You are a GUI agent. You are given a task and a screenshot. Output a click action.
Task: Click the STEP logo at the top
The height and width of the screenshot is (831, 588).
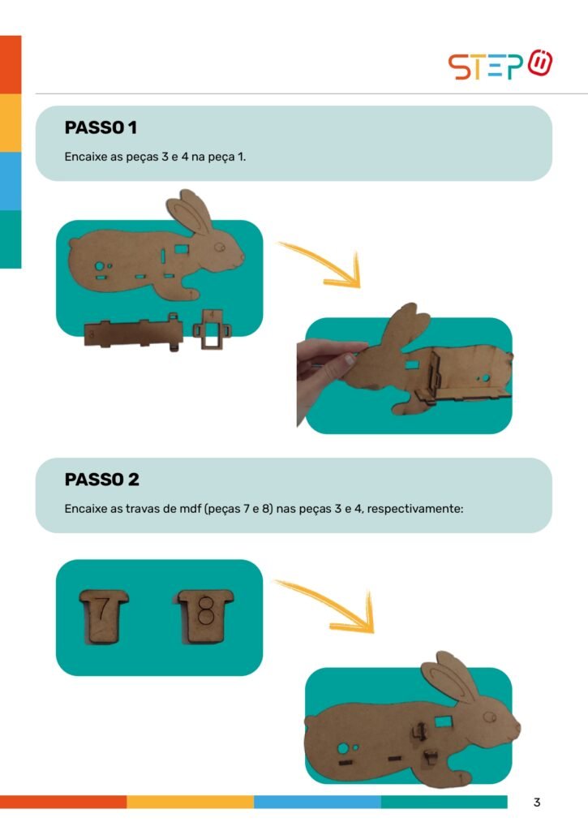500,65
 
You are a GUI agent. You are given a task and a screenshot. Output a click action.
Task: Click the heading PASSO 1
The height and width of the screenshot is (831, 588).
101,127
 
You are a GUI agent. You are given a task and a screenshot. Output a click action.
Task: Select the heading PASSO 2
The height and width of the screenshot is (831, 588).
101,480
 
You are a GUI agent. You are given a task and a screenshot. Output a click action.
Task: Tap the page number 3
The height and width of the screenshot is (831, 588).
537,802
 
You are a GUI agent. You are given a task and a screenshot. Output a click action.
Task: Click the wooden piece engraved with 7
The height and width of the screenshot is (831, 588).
104,617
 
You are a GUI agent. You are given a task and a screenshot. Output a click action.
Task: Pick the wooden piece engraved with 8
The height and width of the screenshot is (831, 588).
204,617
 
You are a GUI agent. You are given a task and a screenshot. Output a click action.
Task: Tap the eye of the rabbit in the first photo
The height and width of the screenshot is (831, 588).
219,247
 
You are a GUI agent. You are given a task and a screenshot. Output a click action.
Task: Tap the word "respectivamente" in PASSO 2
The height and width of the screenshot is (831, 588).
414,509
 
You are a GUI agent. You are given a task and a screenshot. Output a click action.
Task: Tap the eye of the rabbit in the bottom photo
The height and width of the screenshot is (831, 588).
490,717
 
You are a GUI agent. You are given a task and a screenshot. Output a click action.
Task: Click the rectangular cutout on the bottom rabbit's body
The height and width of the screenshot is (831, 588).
443,721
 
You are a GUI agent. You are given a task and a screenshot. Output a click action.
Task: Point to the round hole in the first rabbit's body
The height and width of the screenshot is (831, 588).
99,266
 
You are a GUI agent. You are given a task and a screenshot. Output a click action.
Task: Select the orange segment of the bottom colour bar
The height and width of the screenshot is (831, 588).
63,801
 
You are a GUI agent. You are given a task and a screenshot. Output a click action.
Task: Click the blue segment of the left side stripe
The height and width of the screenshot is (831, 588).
11,181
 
